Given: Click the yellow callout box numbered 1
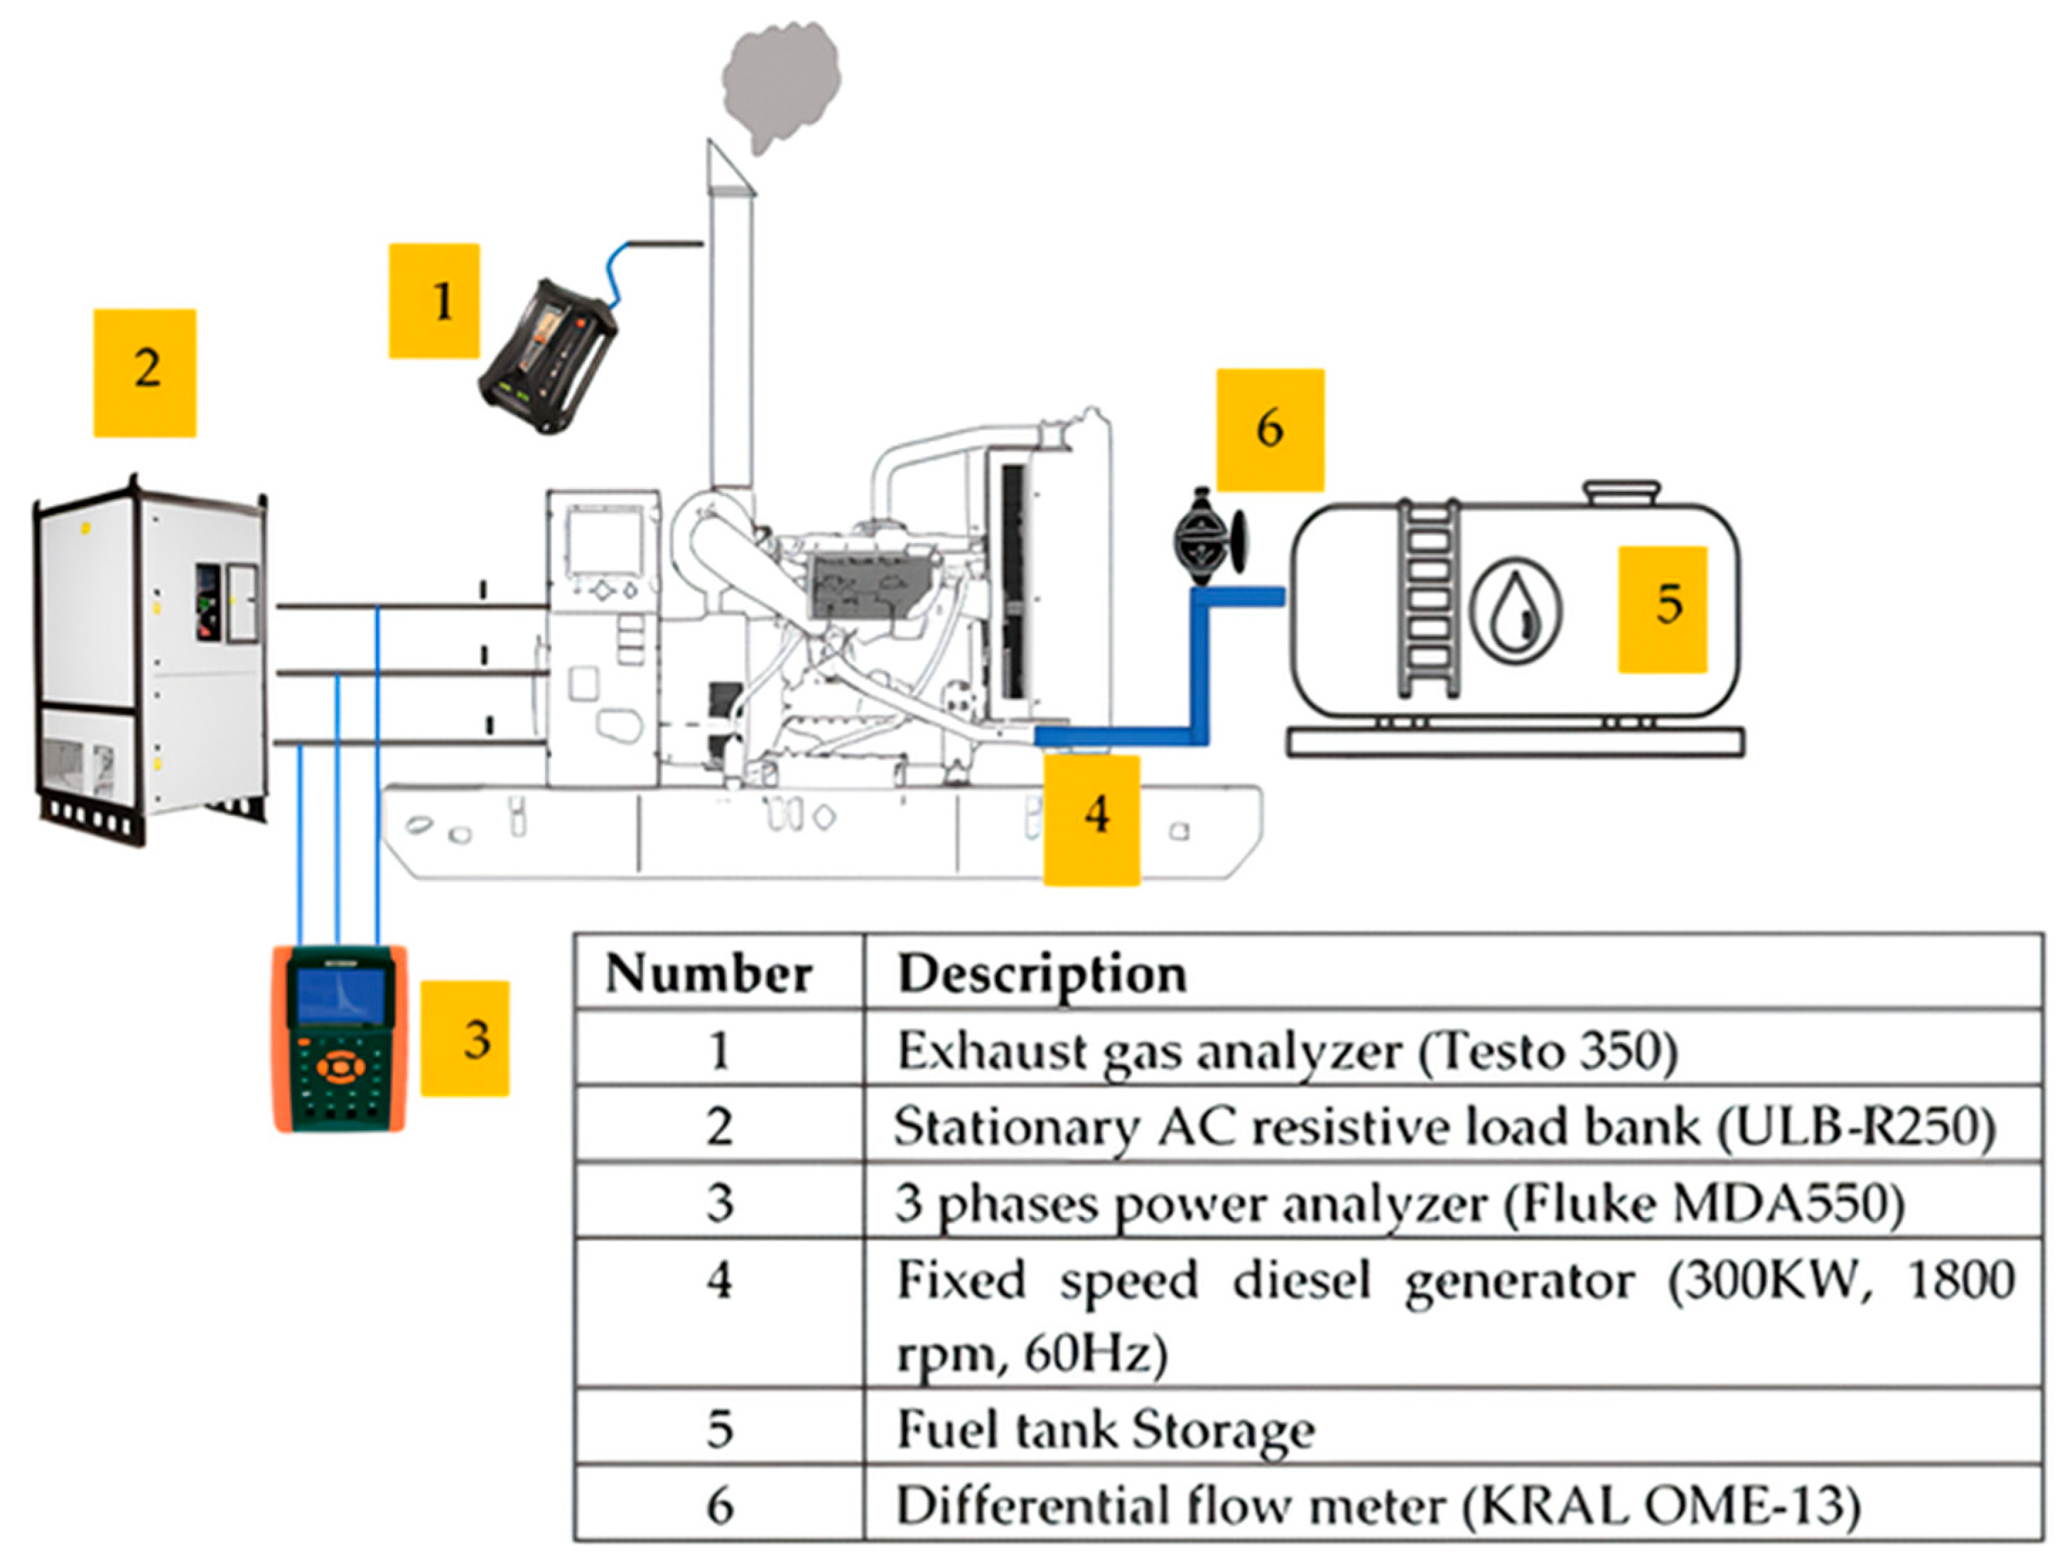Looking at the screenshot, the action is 435,301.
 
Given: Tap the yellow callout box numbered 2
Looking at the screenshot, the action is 145,373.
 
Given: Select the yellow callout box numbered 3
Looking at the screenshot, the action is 465,1038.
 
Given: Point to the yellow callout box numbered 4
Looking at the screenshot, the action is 1091,820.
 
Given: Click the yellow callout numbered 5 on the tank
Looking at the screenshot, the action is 1663,610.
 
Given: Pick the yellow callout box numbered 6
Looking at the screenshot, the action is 1270,430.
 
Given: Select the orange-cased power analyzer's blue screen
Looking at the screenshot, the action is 341,997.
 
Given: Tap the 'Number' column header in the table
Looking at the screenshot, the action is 708,973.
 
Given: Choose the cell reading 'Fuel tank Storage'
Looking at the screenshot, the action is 1106,1429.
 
